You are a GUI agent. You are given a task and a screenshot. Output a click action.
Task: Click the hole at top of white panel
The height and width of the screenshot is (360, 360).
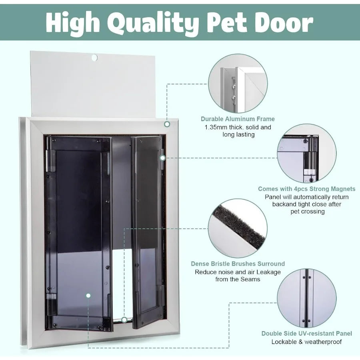94,58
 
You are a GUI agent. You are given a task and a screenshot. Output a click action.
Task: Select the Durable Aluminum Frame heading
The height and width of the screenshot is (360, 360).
238,119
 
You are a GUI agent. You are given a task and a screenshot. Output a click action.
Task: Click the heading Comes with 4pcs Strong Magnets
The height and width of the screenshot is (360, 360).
306,189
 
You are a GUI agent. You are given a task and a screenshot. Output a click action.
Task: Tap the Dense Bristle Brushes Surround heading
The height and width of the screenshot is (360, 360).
238,264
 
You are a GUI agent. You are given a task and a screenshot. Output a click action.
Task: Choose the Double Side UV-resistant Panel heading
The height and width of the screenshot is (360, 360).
306,334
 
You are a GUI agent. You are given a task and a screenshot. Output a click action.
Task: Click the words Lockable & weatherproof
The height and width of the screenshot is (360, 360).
306,342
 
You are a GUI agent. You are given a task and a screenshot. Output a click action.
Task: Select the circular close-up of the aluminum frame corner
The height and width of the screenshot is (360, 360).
238,83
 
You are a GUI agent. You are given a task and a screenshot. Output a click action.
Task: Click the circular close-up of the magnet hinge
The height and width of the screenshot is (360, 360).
306,153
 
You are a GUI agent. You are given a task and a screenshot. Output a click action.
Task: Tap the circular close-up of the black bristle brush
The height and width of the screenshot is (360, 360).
238,228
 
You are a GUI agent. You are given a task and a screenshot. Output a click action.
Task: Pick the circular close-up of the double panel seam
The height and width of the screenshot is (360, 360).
306,298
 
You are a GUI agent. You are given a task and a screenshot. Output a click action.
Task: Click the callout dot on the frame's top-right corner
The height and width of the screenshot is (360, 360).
166,124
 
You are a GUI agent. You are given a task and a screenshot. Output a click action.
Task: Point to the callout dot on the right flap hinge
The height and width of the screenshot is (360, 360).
162,158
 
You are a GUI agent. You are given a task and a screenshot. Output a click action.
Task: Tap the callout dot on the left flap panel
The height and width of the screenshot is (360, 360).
88,296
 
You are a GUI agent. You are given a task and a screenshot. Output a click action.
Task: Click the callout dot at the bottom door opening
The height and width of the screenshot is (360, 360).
124,320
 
